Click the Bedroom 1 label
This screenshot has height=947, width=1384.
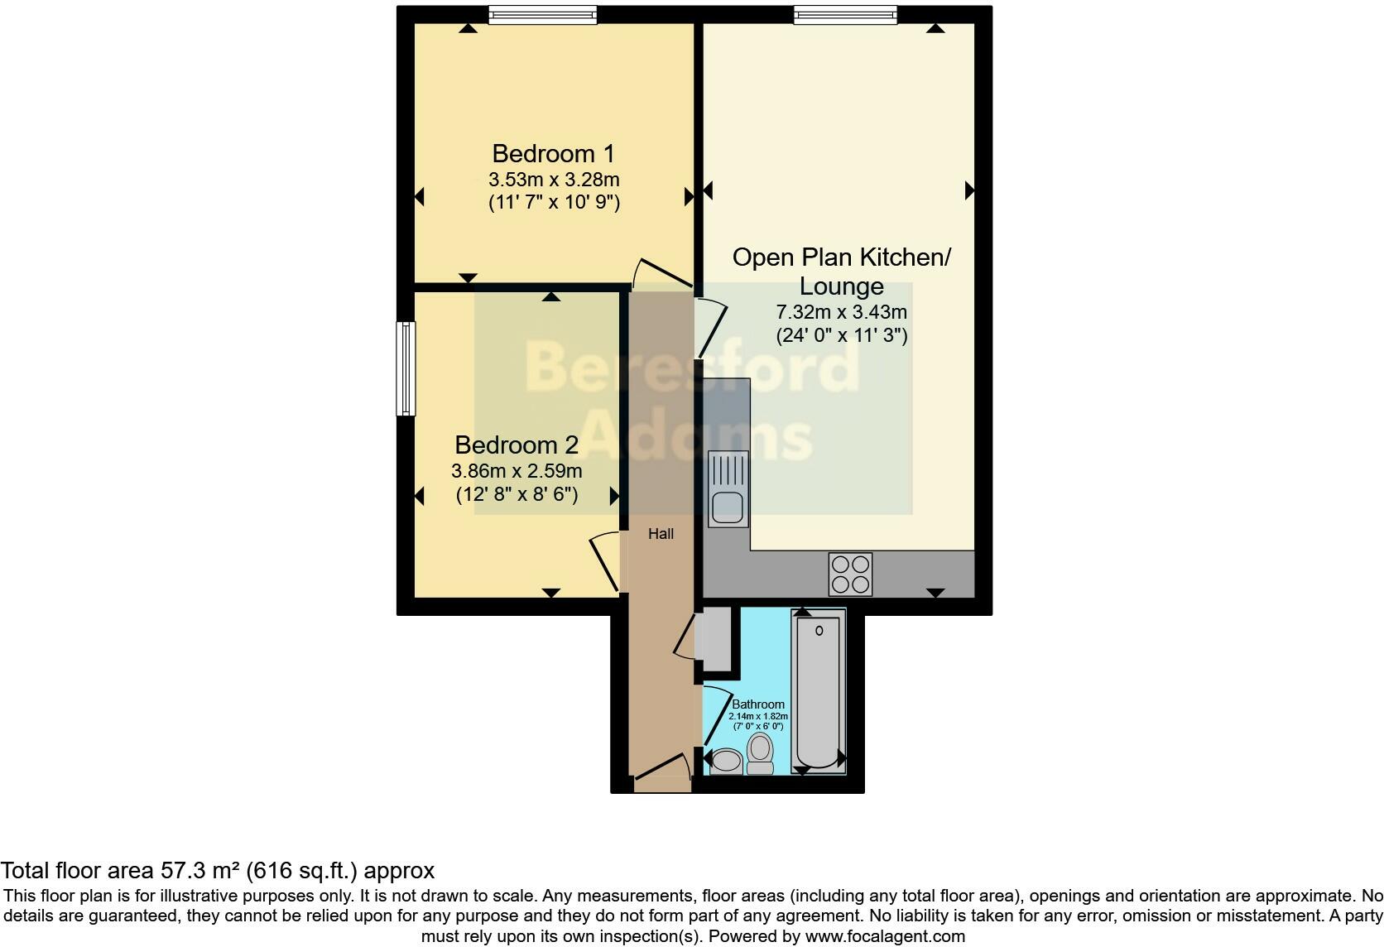tap(553, 154)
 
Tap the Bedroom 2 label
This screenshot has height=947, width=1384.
tap(517, 445)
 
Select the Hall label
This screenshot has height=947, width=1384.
tap(661, 534)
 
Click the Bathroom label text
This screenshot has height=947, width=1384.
tap(757, 704)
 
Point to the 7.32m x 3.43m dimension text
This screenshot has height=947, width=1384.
tap(841, 313)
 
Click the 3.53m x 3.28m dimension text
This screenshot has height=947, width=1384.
tap(554, 180)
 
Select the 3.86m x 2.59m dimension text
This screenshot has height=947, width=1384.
tap(517, 472)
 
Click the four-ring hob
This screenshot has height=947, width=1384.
tap(850, 574)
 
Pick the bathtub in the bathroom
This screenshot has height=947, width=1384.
tap(818, 691)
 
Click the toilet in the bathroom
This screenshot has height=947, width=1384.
tap(760, 753)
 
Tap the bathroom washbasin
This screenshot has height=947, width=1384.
tap(727, 760)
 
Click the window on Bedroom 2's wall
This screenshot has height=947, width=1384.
tap(406, 368)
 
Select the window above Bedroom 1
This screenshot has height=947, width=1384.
tap(542, 15)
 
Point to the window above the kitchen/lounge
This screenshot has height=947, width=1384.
tap(844, 14)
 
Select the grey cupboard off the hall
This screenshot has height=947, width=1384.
tap(715, 638)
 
